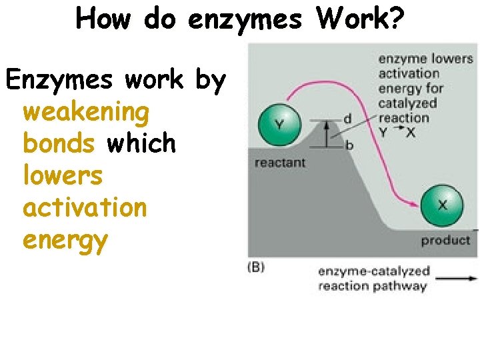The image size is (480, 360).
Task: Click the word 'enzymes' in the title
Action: click(245, 19)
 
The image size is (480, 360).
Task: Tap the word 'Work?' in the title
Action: click(360, 19)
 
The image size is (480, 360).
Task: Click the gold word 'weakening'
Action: click(86, 113)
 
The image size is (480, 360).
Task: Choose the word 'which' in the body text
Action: click(141, 143)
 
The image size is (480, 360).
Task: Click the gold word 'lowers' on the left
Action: click(63, 175)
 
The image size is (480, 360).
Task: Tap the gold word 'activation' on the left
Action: click(85, 207)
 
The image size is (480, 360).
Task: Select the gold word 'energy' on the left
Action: click(65, 239)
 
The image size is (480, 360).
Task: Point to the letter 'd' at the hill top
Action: click(347, 119)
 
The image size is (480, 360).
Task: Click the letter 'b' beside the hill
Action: click(349, 145)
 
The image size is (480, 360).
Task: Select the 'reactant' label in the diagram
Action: click(280, 162)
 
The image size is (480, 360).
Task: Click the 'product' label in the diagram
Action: click(445, 240)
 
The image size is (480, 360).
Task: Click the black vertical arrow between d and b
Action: click(327, 133)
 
